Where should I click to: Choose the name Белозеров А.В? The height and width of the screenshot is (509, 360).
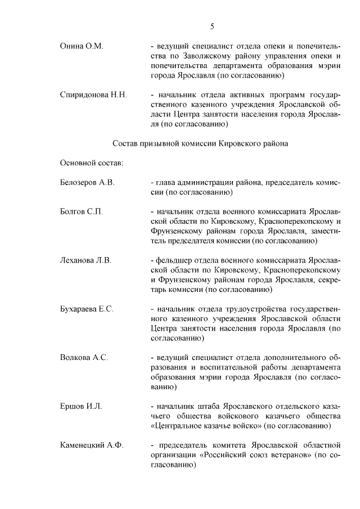(x=87, y=183)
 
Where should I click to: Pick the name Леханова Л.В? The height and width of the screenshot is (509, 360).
(x=86, y=260)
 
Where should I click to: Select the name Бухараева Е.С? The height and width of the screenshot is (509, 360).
(x=87, y=309)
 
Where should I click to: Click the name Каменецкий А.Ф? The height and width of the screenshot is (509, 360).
(x=92, y=445)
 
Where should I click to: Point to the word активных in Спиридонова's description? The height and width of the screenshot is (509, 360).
(x=240, y=94)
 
